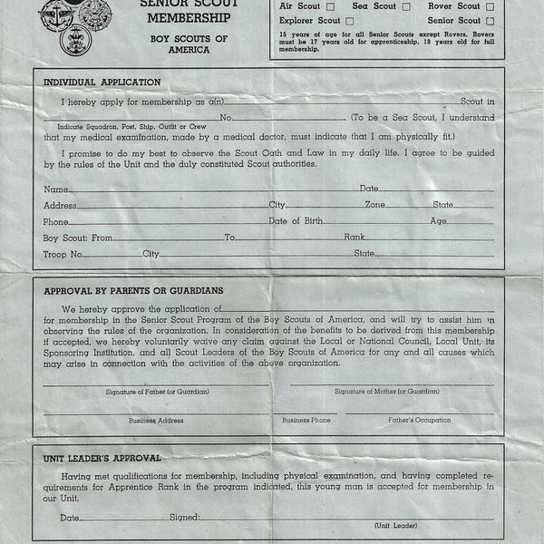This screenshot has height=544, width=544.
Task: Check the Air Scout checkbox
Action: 330,6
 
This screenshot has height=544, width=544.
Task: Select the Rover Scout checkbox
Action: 491,6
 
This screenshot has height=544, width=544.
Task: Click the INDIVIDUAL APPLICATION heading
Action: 102,83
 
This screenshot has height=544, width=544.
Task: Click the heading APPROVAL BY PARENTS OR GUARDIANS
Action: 133,291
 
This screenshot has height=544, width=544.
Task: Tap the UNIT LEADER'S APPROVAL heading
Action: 102,458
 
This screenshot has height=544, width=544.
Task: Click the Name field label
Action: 55,189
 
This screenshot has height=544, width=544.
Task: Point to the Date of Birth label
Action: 297,221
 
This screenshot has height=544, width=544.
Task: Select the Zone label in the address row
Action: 375,205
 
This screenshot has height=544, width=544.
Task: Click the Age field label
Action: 439,221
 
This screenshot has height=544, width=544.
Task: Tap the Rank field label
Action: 355,238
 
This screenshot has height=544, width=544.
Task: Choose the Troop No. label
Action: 63,254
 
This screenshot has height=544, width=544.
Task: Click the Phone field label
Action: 56,221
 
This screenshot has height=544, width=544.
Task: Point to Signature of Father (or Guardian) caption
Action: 156,391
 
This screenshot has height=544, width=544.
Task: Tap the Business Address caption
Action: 156,420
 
